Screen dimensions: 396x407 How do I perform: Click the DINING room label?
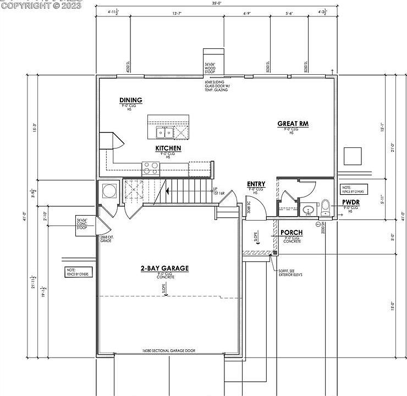click(131, 100)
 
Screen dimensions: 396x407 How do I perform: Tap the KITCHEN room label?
click(168, 148)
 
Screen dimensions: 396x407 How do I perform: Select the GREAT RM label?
click(293, 124)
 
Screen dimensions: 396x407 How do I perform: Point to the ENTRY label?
click(256, 184)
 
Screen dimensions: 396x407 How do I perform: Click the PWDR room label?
click(350, 202)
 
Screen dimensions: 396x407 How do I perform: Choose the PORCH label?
click(291, 233)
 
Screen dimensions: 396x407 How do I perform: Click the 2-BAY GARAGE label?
click(164, 268)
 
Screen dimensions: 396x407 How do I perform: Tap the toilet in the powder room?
click(324, 208)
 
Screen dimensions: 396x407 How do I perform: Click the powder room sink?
click(308, 210)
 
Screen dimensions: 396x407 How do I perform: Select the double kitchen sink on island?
click(164, 132)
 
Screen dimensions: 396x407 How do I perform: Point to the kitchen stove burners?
click(150, 168)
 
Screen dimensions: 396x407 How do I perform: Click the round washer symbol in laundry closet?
click(108, 191)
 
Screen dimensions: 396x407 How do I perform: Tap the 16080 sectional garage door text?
click(168, 350)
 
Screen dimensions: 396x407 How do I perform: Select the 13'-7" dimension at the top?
click(178, 13)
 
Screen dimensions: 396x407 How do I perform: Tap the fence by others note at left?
click(76, 272)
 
